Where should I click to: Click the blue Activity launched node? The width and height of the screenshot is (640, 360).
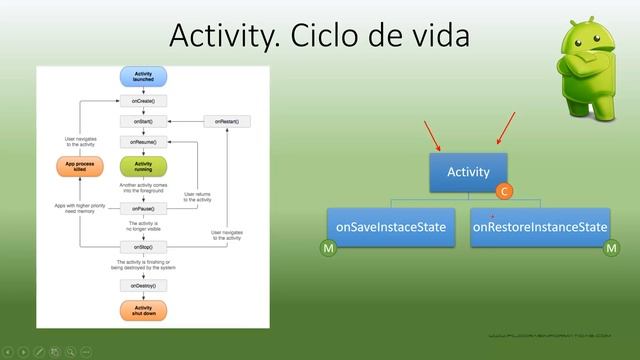(x=142, y=77)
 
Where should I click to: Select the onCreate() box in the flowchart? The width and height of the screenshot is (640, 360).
(x=142, y=101)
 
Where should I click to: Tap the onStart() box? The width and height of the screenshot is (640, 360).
(x=142, y=121)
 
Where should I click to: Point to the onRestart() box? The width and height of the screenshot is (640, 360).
(x=227, y=121)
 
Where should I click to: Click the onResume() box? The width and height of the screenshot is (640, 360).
(x=142, y=142)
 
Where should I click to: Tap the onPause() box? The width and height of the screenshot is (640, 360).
(x=142, y=208)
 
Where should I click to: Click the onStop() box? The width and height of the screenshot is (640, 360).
(x=142, y=245)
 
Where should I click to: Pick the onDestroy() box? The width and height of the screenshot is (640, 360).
(x=142, y=285)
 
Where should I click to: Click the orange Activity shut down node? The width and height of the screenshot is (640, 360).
(x=142, y=312)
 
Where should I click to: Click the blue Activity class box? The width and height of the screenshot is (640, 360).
(x=468, y=172)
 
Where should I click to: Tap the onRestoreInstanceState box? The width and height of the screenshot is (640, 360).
(x=540, y=227)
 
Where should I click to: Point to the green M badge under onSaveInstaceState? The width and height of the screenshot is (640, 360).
(x=327, y=247)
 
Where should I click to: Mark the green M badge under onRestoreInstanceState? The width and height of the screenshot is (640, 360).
(x=612, y=247)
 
